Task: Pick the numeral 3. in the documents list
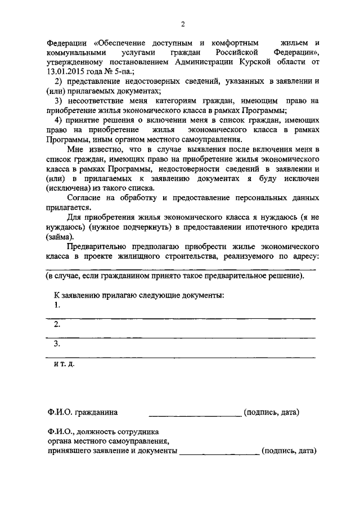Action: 57,344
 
